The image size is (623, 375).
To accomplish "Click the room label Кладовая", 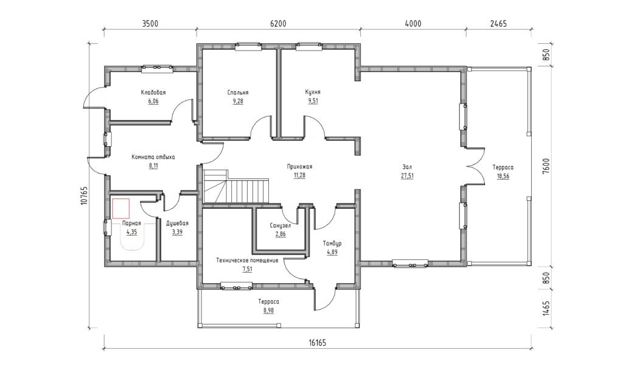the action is point(153,93).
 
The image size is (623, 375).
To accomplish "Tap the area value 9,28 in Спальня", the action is point(238,101).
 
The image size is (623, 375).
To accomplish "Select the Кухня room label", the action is point(313,93).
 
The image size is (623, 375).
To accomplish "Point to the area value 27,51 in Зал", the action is point(407,176).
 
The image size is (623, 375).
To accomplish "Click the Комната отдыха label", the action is point(153,157).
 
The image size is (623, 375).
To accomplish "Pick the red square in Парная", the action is point(121,209).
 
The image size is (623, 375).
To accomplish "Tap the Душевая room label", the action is point(177,223).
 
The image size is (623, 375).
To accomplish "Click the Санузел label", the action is point(280,225).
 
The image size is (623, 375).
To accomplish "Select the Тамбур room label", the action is point(332,244).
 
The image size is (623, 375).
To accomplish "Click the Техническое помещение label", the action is point(247,261).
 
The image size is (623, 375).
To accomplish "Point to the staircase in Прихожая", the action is point(237,186).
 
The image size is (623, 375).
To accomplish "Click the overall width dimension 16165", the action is point(317,342).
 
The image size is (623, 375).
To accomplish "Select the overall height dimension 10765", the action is point(83,195).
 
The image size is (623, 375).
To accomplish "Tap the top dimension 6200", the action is point(278,24).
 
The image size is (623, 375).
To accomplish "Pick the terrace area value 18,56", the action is point(503,176).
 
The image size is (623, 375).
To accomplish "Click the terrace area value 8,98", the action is point(268,310).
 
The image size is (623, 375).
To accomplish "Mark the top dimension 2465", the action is point(498,24).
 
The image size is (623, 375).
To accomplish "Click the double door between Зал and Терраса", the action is point(475,166).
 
